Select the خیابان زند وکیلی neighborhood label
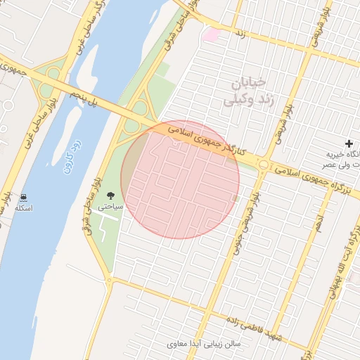coord(243,93)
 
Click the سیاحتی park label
coord(110,207)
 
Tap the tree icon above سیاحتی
coord(110,195)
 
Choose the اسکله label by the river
coord(24,208)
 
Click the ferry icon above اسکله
coord(24,197)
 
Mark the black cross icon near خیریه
coord(349,143)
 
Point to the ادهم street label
coord(319,226)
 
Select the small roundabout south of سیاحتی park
coord(108,281)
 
